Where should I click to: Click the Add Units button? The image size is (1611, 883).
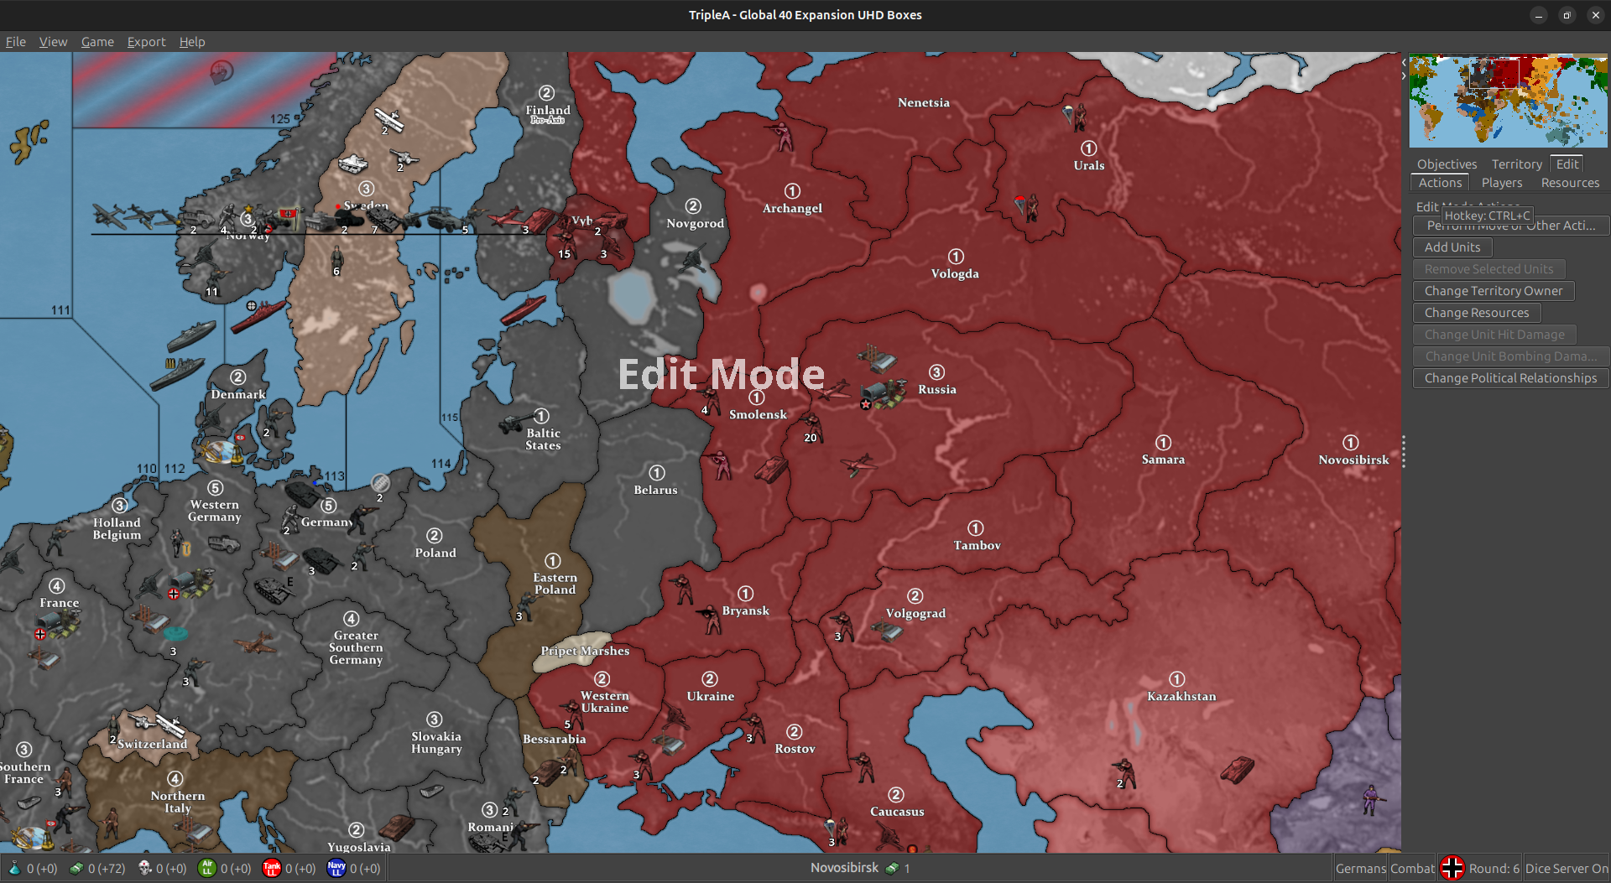click(x=1452, y=247)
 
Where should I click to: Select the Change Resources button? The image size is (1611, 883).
click(x=1476, y=313)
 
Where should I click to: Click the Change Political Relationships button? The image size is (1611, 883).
click(x=1510, y=378)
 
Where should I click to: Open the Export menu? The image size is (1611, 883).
click(x=146, y=42)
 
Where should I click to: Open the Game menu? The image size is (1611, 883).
click(x=97, y=42)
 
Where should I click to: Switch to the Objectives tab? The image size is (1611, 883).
click(x=1447, y=164)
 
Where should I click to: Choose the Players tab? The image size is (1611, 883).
click(x=1501, y=183)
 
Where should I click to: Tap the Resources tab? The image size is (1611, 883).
click(x=1570, y=183)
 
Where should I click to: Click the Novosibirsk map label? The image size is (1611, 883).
click(x=1353, y=460)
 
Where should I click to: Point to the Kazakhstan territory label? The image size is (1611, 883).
click(x=1181, y=696)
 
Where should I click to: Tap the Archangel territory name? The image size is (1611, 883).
click(x=792, y=208)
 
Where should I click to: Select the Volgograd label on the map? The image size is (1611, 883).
click(x=915, y=613)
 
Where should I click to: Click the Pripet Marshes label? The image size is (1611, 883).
click(x=585, y=651)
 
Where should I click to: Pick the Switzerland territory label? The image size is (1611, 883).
click(x=153, y=744)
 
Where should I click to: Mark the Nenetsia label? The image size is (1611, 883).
click(x=924, y=102)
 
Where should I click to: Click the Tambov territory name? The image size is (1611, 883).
click(x=977, y=545)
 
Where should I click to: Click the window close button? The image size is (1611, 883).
click(x=1595, y=15)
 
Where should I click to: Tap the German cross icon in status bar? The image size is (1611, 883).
click(x=1452, y=868)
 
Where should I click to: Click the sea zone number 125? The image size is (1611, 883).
click(x=280, y=119)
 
